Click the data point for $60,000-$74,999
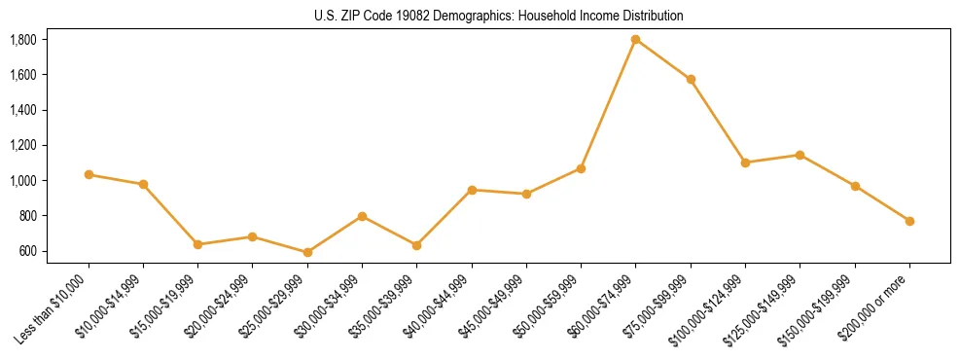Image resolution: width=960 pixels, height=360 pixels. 636,40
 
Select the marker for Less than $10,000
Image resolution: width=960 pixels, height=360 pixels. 89,174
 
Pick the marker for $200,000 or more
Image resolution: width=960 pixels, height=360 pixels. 909,221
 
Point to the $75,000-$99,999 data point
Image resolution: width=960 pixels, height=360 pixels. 691,79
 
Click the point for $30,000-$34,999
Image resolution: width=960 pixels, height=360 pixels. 362,216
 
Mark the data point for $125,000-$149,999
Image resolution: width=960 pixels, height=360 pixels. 800,155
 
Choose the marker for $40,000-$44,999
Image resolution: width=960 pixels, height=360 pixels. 472,190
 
